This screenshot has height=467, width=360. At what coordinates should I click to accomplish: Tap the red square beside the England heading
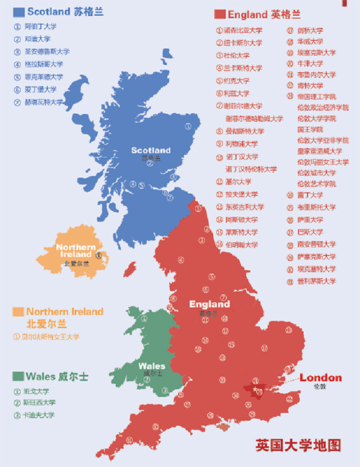coord(219,14)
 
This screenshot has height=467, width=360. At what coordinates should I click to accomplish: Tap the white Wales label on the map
coord(151,366)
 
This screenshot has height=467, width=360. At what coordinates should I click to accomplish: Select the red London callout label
coord(320,378)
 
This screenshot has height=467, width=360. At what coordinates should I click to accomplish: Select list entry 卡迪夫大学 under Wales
coord(39,415)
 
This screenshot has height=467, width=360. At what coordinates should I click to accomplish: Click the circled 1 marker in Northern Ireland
coord(99,254)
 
